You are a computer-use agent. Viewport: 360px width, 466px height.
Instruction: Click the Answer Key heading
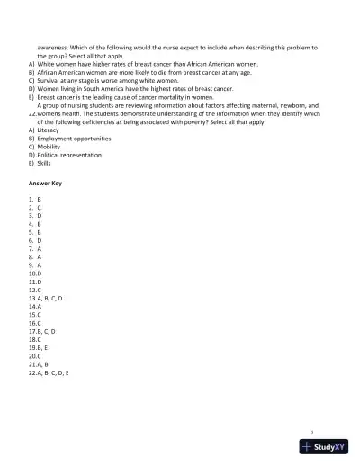tap(46, 183)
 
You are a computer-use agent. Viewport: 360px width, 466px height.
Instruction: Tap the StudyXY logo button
tap(325, 446)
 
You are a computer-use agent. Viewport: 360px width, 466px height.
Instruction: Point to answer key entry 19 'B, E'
tap(40, 347)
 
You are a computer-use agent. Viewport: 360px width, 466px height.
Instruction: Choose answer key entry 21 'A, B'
tap(40, 363)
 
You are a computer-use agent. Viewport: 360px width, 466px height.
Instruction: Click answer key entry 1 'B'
tap(35, 199)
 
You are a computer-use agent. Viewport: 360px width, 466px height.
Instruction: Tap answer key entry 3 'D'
tap(35, 216)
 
